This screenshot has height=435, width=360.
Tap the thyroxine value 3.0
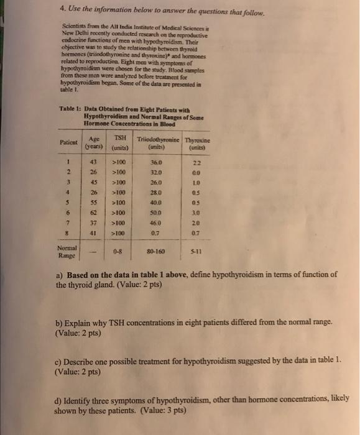tap(196, 212)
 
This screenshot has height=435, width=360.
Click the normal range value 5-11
tap(196, 254)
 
